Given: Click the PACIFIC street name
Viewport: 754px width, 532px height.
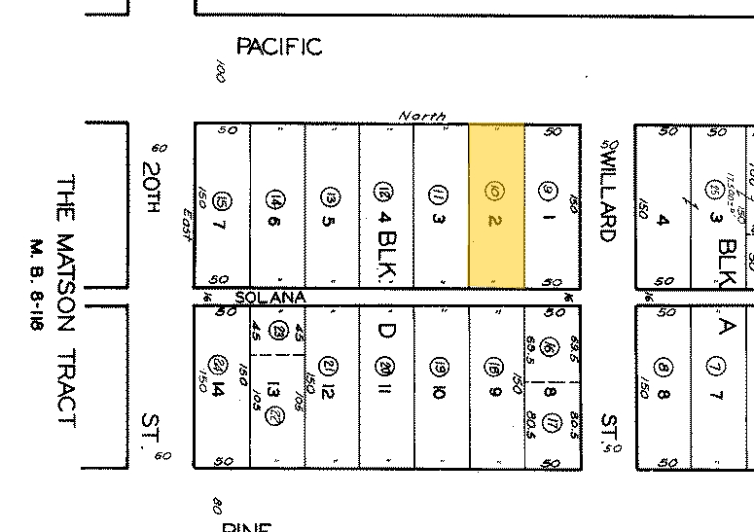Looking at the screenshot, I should point(279,47).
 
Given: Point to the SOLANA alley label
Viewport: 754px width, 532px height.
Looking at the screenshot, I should point(270,297).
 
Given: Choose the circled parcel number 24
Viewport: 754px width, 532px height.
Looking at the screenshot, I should point(221,364).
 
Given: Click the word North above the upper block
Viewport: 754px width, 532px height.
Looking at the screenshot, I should point(422,116).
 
